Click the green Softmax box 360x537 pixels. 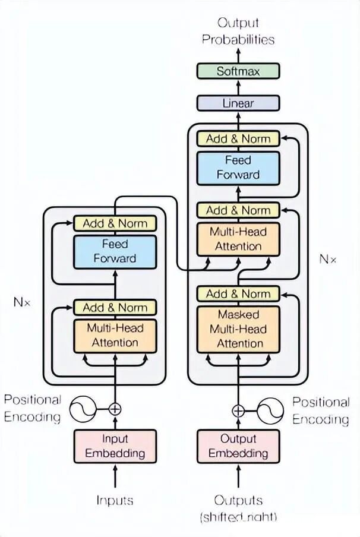[x=238, y=71]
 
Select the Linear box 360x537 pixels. [x=238, y=103]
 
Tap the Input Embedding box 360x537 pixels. [x=115, y=446]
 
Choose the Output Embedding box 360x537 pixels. [x=238, y=446]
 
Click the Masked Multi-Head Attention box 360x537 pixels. [x=238, y=328]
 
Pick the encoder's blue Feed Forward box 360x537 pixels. [x=115, y=251]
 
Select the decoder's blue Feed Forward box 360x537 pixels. [x=238, y=168]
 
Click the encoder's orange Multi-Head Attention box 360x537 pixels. [x=115, y=335]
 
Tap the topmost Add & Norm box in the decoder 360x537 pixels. [x=238, y=138]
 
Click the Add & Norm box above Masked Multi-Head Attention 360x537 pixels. [x=238, y=293]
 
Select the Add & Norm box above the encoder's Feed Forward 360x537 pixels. [x=115, y=223]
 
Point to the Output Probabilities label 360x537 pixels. [x=238, y=31]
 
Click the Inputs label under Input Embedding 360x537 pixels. [x=115, y=500]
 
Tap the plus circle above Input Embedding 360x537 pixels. [x=115, y=409]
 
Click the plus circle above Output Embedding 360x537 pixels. [x=238, y=410]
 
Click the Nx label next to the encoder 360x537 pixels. [x=21, y=302]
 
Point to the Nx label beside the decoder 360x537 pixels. [x=327, y=259]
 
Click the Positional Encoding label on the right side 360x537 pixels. [x=320, y=411]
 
